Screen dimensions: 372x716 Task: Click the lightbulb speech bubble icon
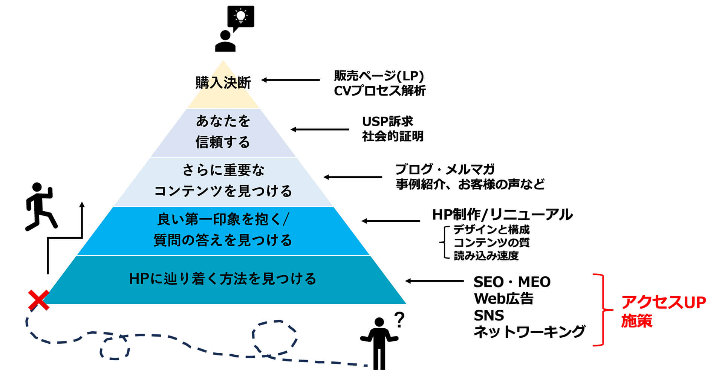[x=241, y=17]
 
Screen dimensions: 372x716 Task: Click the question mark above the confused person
[x=399, y=320]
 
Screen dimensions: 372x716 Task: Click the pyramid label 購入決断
[x=223, y=83]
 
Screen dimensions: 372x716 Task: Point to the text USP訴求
[x=387, y=121]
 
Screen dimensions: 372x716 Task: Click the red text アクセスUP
[x=663, y=302]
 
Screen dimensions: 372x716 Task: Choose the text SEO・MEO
[x=512, y=282]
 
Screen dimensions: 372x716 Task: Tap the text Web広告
[x=503, y=299]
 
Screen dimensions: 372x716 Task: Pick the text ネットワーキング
[x=529, y=332]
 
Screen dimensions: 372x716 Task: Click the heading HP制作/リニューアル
[x=502, y=215]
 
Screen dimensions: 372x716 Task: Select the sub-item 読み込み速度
[x=486, y=256]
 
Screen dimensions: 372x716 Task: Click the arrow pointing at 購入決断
[x=291, y=80]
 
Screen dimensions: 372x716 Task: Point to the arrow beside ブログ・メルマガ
[x=353, y=177]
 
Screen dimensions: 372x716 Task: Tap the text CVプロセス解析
[x=379, y=91]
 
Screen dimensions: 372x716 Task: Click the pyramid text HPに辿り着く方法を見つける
[x=223, y=279]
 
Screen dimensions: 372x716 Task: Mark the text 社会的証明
[x=393, y=136]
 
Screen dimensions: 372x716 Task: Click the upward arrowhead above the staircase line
[x=82, y=205]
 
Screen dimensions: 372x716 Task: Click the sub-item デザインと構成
[x=491, y=229]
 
